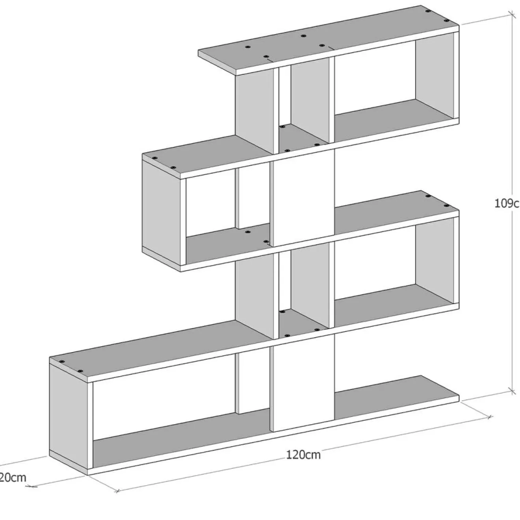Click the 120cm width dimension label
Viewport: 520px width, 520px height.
coord(303,455)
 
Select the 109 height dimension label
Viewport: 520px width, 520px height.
coord(507,203)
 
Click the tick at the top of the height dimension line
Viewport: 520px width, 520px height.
coord(512,15)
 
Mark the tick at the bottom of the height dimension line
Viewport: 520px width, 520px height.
coord(512,391)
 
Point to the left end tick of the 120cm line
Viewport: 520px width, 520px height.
coord(117,491)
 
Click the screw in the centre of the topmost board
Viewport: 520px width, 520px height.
coord(303,36)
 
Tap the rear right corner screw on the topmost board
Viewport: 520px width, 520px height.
coord(428,11)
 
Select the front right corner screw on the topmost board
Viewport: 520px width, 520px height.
coord(446,20)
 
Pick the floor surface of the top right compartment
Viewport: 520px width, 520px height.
coord(394,114)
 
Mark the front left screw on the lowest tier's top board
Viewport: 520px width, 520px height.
coord(80,371)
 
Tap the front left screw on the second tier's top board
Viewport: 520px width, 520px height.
coord(173,167)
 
